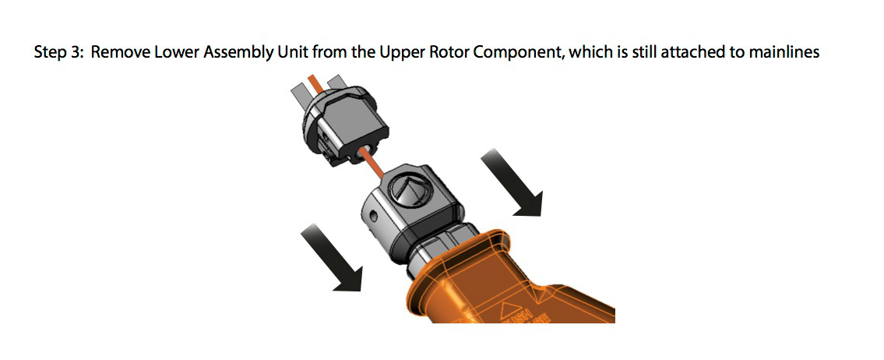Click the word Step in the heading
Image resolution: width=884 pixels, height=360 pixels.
pos(51,52)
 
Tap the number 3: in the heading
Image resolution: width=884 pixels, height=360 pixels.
pos(79,52)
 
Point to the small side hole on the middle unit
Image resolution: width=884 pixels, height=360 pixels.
pos(373,216)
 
